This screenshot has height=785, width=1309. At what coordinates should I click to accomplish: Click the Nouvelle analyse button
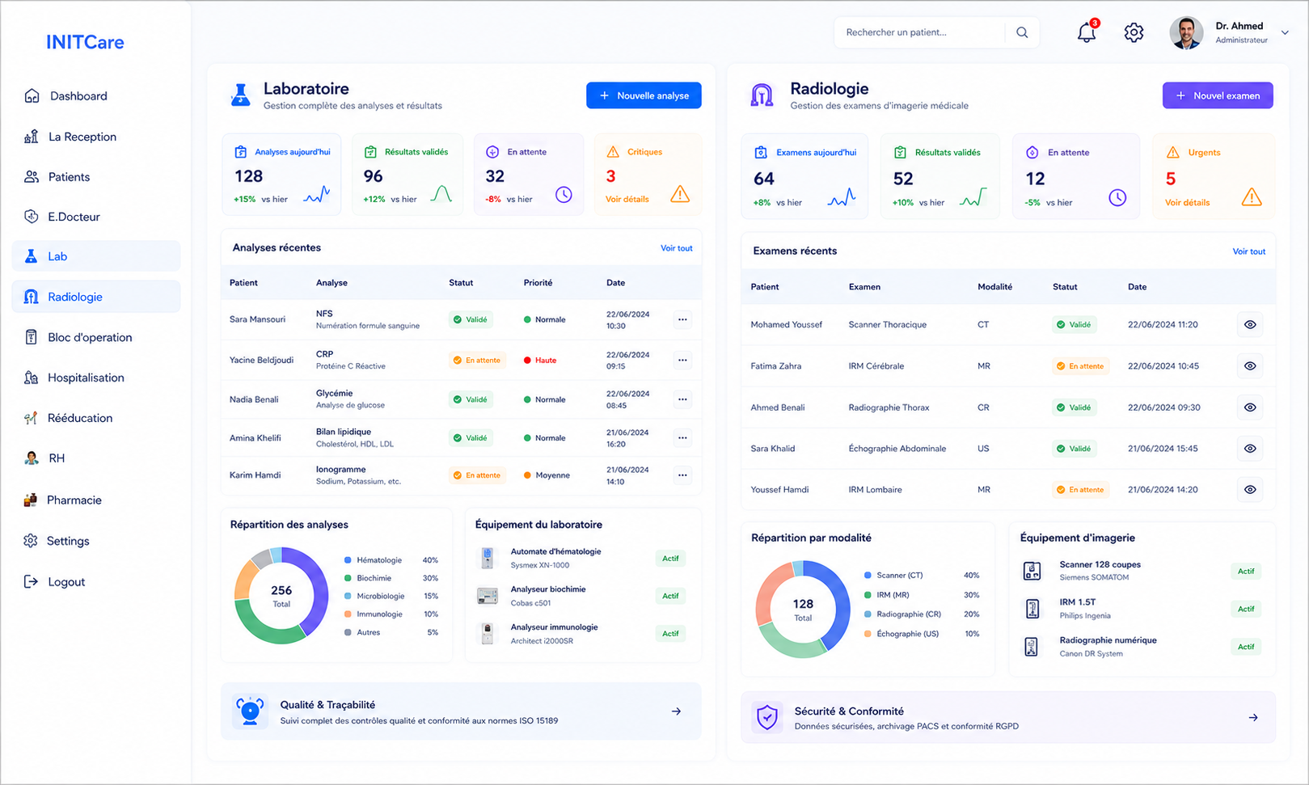click(x=644, y=95)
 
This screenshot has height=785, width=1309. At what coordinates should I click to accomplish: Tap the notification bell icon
click(x=1087, y=32)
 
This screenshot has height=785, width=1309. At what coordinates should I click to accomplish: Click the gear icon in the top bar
click(x=1133, y=32)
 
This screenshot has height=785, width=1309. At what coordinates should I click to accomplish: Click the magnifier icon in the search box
click(x=1021, y=32)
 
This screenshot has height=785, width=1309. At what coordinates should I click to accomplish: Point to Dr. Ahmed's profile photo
click(x=1185, y=32)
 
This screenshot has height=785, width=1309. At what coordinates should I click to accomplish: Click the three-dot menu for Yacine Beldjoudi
click(x=682, y=360)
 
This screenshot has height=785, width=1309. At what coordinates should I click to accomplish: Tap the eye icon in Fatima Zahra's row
click(x=1250, y=366)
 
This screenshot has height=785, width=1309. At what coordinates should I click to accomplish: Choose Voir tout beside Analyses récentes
click(x=676, y=248)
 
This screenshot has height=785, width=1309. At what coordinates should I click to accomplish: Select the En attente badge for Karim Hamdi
click(x=477, y=475)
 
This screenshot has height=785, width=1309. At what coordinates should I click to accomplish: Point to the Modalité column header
click(x=994, y=287)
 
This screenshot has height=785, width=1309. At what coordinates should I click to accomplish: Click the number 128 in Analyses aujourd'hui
click(x=248, y=176)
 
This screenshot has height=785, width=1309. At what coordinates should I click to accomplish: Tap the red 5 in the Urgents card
click(x=1170, y=179)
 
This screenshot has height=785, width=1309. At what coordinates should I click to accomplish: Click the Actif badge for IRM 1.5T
click(x=1245, y=609)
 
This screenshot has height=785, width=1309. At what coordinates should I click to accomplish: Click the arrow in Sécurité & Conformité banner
click(x=1253, y=717)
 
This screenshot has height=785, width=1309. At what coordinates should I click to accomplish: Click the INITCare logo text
click(x=85, y=42)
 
